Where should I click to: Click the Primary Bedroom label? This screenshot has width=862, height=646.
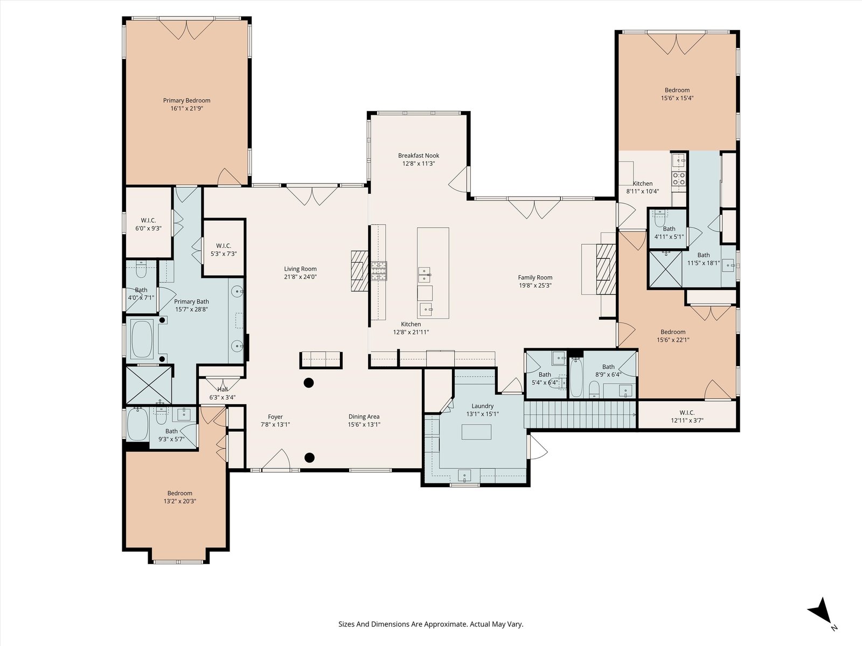[x=186, y=101]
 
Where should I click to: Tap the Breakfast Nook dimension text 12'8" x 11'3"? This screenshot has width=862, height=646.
[x=418, y=164]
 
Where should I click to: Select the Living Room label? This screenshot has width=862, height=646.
[x=300, y=269]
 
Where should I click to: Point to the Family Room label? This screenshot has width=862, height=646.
[x=535, y=277]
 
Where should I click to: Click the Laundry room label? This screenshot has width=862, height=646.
[x=482, y=406]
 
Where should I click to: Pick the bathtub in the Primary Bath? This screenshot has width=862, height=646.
[x=142, y=339]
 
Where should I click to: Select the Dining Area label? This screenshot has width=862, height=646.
[x=364, y=417]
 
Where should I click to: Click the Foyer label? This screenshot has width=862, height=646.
[x=275, y=417]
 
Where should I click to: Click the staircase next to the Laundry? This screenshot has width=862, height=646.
[x=580, y=414]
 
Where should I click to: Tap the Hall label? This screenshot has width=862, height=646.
[x=223, y=389]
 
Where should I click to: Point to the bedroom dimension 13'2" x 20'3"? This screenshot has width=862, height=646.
[x=180, y=501]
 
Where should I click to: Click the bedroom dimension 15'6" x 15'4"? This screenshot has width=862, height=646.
[x=677, y=98]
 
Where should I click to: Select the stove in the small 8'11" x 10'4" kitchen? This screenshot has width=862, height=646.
[x=679, y=179]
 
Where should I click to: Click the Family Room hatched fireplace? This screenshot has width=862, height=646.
[x=606, y=269]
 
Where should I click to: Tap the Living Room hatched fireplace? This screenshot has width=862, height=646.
[x=360, y=271]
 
